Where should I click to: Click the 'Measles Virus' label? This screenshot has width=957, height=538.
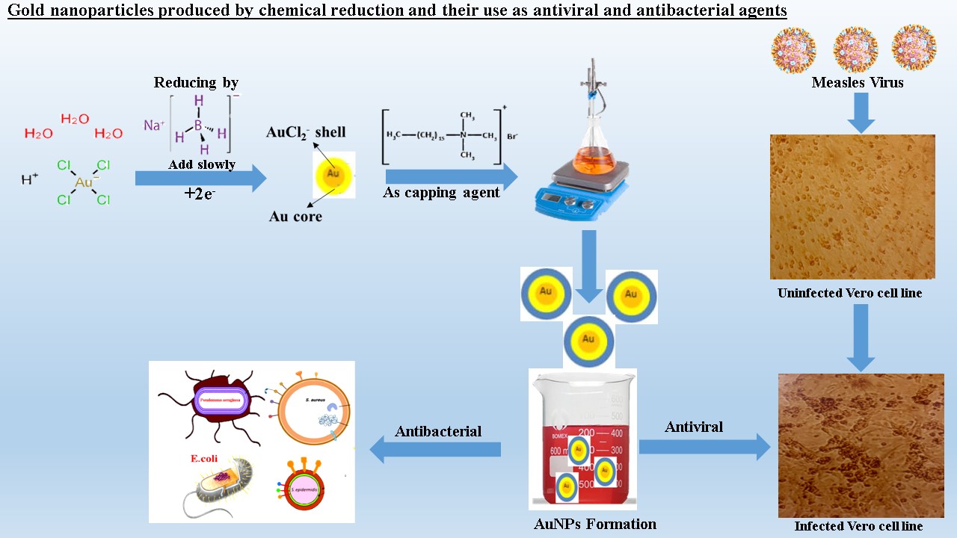point(857,83)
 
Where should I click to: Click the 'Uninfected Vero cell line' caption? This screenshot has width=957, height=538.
point(849,294)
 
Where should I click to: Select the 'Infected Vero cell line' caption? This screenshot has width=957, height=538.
point(858,526)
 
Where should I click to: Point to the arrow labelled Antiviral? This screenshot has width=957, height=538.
point(704,447)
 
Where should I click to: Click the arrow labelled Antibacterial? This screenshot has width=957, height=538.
point(435,449)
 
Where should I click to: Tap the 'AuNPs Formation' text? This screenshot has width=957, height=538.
point(595,524)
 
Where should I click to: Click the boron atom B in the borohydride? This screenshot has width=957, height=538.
point(198,126)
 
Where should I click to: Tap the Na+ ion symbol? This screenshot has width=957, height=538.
point(153,125)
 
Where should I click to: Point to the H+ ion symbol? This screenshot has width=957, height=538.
point(30,179)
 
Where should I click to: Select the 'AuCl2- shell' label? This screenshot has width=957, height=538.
point(306,132)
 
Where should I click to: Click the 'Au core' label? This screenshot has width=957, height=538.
point(295,217)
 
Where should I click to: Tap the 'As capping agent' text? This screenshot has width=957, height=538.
point(441,193)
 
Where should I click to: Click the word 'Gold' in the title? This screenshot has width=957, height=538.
point(28,11)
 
